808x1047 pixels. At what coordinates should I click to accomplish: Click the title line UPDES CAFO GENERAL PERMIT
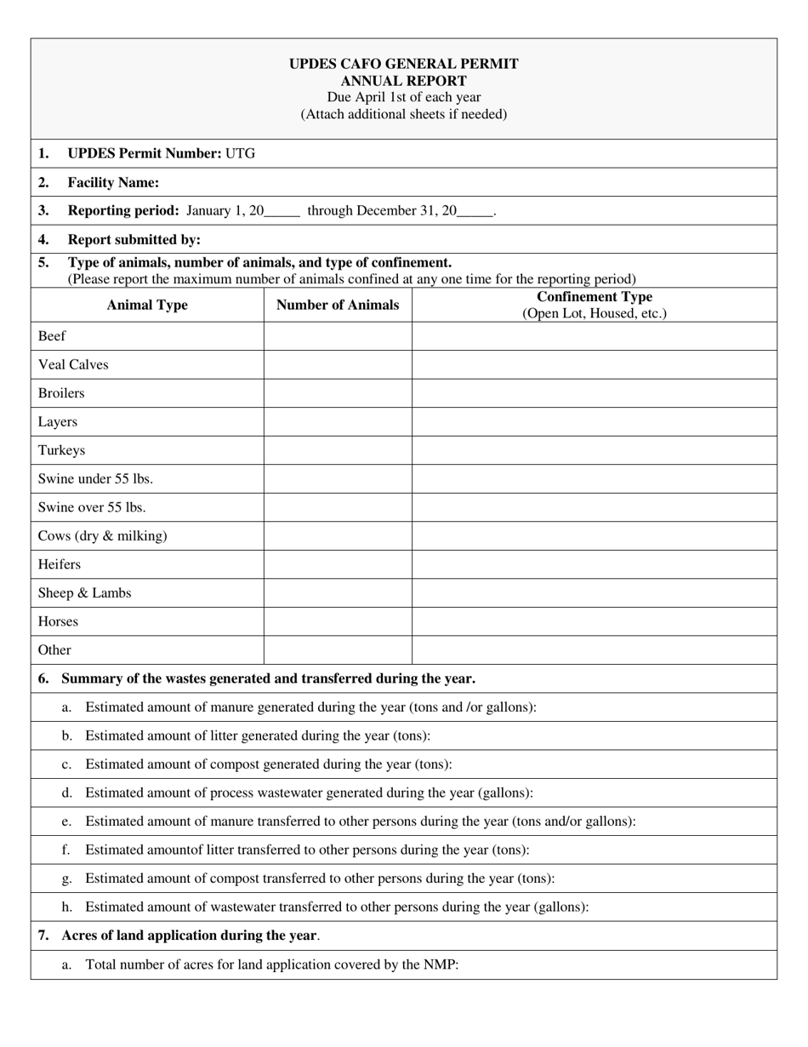(403, 64)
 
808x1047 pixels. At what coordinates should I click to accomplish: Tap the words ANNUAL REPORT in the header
(403, 81)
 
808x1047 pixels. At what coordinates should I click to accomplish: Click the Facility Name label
(113, 182)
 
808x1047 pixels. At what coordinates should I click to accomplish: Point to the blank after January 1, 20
(282, 211)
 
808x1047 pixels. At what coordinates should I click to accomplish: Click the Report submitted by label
(134, 239)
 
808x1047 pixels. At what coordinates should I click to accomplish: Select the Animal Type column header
(147, 305)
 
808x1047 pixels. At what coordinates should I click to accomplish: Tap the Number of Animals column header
(338, 305)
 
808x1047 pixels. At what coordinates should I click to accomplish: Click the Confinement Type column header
(595, 297)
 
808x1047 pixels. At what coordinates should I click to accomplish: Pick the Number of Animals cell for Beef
(338, 336)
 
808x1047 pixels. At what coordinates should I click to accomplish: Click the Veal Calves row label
(73, 364)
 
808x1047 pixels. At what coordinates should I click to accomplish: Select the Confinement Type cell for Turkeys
(595, 450)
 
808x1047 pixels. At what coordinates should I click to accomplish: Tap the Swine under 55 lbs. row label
(95, 478)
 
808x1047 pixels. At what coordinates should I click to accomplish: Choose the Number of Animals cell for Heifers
(338, 564)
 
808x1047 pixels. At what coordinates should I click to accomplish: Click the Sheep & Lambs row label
(84, 592)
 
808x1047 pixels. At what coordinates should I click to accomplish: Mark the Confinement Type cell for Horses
(595, 621)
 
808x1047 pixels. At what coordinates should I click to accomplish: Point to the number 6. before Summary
(43, 678)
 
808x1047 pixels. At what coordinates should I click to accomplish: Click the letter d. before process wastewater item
(67, 792)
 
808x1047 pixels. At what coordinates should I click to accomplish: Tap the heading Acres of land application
(189, 935)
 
